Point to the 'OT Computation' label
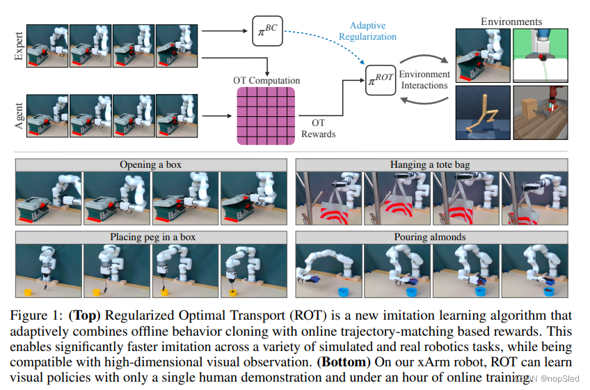(x=266, y=81)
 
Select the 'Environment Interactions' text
(x=424, y=79)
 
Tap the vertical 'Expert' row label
(x=18, y=46)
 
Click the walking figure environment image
(x=482, y=113)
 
